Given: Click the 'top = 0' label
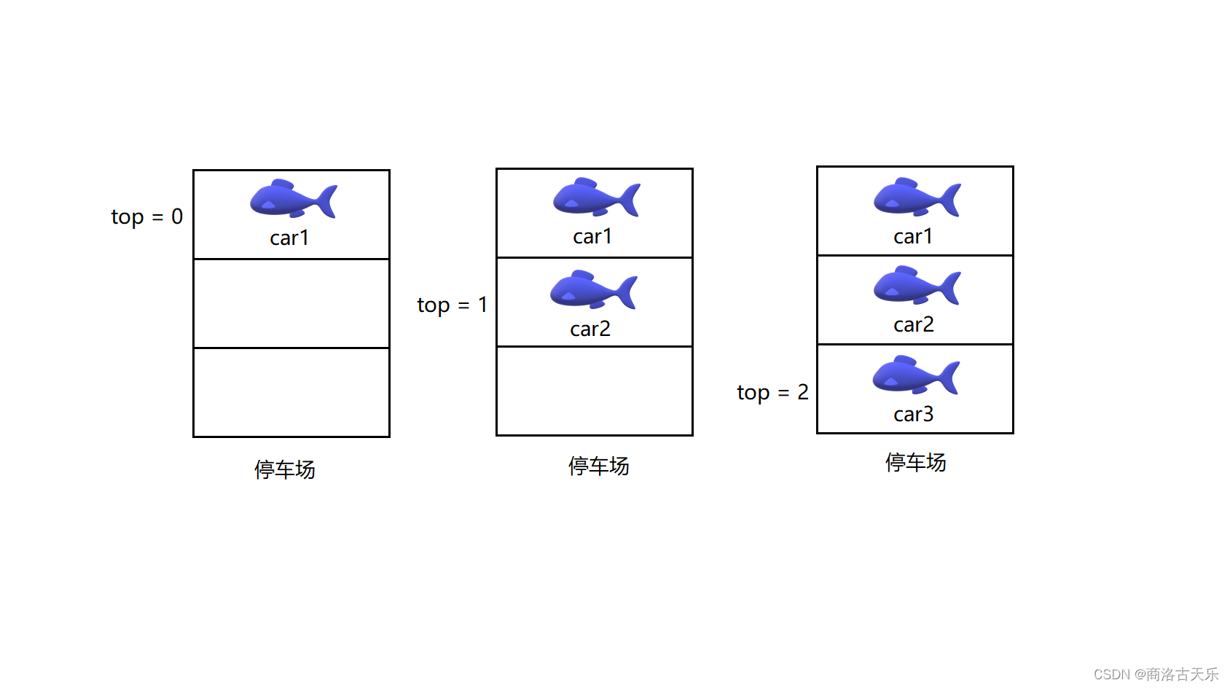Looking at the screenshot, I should tap(146, 217).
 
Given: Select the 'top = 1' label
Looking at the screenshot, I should tap(452, 305).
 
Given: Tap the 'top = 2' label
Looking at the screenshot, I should tap(772, 393).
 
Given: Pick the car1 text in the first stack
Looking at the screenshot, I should tap(289, 238).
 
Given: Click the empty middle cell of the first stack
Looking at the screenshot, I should tap(291, 304).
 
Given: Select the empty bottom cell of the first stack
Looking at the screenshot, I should tap(291, 393).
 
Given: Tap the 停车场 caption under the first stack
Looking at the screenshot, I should tap(285, 470).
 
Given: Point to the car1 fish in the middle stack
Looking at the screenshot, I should tap(596, 198).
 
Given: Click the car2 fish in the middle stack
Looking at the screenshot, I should tap(593, 290).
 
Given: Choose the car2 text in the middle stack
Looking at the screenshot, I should tap(590, 329).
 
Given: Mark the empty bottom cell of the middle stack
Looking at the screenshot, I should tap(595, 391).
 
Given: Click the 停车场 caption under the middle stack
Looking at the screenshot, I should tap(599, 466).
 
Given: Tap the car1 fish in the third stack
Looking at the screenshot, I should tap(917, 198).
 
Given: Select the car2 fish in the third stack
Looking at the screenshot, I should tap(917, 286).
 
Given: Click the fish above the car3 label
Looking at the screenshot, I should tap(915, 375).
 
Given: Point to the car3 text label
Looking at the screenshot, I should tap(914, 415).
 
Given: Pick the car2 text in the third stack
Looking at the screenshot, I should tap(914, 325).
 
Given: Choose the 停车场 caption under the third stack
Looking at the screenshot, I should tap(916, 463).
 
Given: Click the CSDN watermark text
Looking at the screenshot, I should tap(1156, 675).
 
